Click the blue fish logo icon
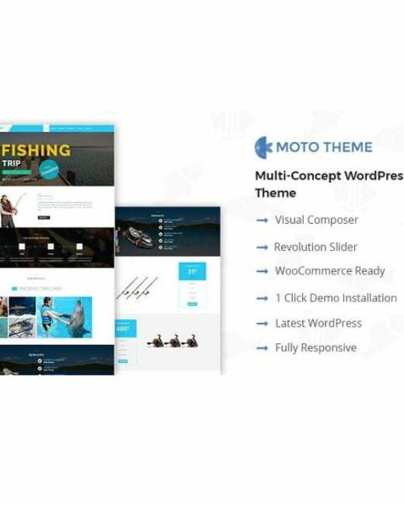(263, 147)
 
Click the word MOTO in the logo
(301, 147)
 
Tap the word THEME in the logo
(351, 147)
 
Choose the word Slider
(338, 247)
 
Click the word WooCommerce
(311, 271)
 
